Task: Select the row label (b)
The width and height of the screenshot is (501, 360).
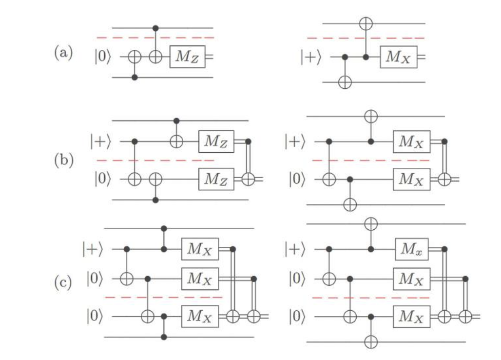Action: pos(64,160)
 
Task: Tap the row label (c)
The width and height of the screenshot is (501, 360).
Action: pos(64,282)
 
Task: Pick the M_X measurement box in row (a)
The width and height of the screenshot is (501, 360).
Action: pos(399,57)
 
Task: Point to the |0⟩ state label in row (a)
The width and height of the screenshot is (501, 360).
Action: pos(105,57)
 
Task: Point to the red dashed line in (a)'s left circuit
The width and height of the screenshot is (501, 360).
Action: pos(155,38)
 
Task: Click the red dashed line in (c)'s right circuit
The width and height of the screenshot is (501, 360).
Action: pos(370,297)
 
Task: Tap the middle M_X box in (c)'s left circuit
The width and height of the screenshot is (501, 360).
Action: pos(200,279)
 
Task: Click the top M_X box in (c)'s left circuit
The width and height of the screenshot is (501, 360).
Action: pos(200,249)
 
